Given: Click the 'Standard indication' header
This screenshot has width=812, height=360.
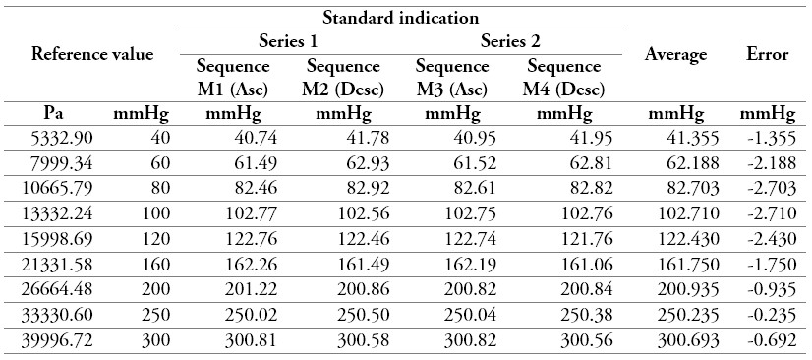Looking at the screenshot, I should point(402,17).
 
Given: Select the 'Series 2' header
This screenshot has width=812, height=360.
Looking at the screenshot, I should point(511,41).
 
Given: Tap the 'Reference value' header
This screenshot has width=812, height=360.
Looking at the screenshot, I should point(92,54).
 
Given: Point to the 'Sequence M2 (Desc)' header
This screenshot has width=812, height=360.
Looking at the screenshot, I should point(343,78).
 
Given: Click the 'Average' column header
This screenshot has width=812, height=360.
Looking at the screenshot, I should point(675,54).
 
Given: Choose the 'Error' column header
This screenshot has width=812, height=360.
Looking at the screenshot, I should point(768,54).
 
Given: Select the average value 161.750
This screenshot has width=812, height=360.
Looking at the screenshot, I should point(680,265).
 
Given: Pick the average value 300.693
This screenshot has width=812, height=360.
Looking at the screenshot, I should point(680,340).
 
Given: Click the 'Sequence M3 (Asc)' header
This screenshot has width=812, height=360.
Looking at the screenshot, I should point(452,78).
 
